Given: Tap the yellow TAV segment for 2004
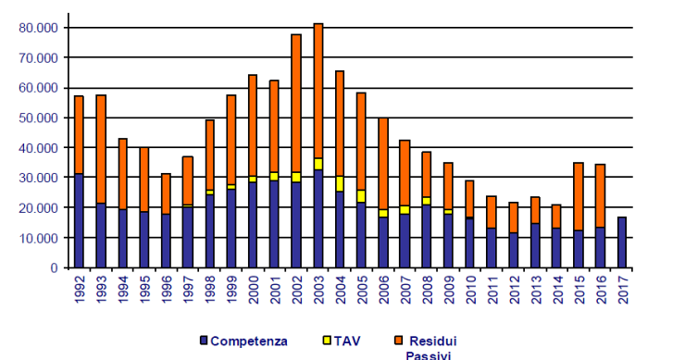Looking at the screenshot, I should [x=340, y=183].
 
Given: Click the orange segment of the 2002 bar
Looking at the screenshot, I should [x=296, y=103].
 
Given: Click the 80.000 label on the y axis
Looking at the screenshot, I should [x=38, y=28].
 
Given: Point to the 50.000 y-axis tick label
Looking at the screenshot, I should [x=38, y=118].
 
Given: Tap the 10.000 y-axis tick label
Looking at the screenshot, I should [x=38, y=238].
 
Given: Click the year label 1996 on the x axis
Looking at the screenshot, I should [x=167, y=288].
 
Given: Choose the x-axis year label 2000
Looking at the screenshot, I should [x=254, y=288].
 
